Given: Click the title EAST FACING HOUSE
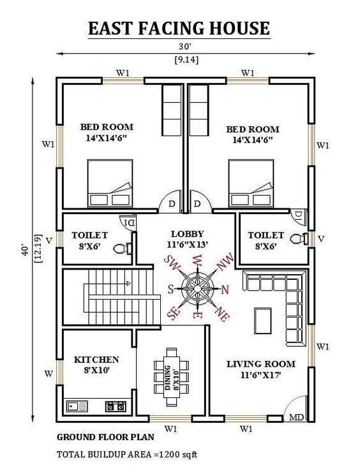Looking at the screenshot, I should click(179, 29).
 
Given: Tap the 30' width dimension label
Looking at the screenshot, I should click(184, 47).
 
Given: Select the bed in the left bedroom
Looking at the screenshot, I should click(110, 183).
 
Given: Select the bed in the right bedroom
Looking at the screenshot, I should click(252, 183).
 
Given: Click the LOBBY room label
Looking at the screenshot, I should click(188, 234).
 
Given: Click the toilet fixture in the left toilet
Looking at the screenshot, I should click(122, 248).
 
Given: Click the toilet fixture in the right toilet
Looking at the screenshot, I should click(297, 239).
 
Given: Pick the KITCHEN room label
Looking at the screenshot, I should click(96, 360).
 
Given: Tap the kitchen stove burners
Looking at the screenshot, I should click(116, 405).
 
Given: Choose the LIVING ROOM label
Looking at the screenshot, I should click(261, 364).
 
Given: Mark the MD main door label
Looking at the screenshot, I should click(296, 418).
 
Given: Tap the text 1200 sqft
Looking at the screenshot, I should click(181, 454).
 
